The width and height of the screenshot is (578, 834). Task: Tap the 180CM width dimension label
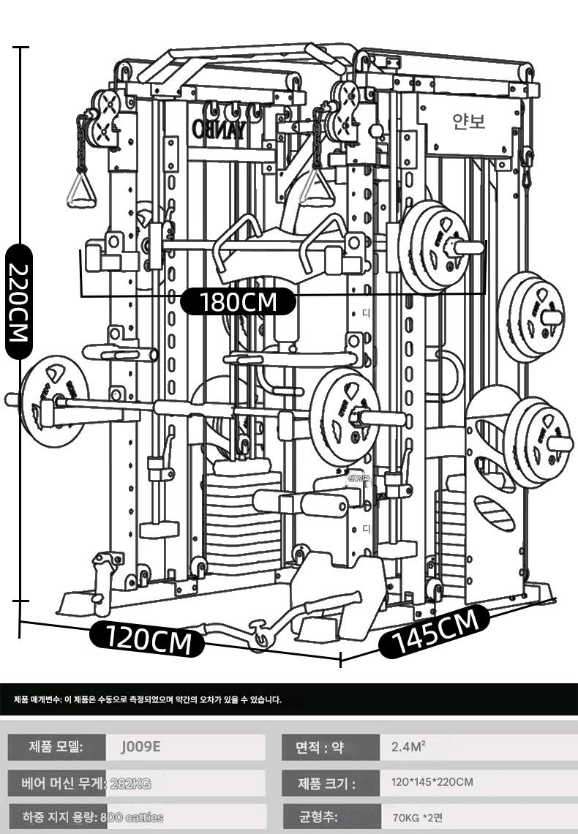point(238,301)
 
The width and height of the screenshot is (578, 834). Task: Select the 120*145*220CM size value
point(432,782)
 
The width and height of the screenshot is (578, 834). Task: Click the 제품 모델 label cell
point(56,748)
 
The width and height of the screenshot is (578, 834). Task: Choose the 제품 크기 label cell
point(326,783)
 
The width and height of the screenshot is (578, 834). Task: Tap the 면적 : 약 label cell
point(320,748)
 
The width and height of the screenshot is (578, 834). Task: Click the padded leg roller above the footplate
point(299,503)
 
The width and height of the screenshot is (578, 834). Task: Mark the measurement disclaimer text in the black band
point(147,700)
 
